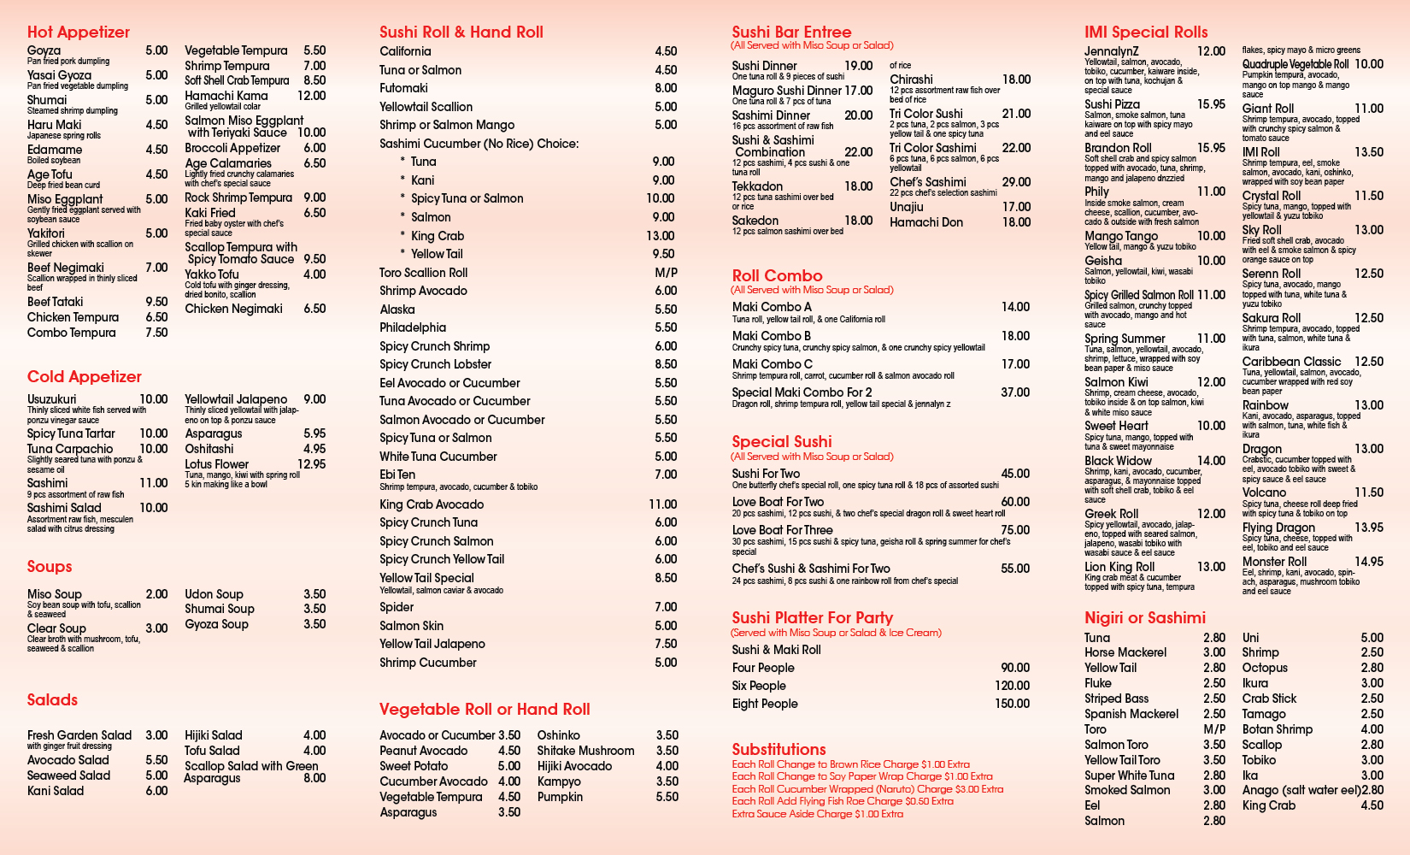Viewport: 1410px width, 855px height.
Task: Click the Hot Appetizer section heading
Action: tap(79, 32)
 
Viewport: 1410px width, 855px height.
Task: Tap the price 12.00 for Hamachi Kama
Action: tap(311, 96)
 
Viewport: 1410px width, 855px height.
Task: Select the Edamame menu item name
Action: tap(55, 150)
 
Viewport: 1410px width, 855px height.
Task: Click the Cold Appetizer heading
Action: tap(85, 377)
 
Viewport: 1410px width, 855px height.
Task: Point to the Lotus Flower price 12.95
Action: tap(311, 464)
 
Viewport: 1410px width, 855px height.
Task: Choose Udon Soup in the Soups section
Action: tap(214, 594)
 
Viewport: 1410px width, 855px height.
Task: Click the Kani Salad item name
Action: tap(56, 791)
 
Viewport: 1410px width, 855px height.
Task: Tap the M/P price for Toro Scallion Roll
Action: tap(666, 273)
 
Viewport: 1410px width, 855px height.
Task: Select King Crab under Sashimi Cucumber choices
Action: tap(437, 236)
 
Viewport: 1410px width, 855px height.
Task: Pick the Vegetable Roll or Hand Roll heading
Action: tap(485, 710)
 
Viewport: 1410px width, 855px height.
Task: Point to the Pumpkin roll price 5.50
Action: tap(667, 797)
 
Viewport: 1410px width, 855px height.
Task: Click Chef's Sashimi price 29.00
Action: tap(1016, 182)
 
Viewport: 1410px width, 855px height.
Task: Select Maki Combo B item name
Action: tap(772, 336)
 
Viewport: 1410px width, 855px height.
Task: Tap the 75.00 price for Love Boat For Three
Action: tap(1015, 530)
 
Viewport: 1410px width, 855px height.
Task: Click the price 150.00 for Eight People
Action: tap(1012, 704)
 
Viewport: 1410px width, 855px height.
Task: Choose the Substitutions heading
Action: tap(778, 749)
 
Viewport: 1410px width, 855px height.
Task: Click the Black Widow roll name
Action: tap(1118, 461)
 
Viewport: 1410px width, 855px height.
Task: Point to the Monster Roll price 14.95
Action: tap(1369, 562)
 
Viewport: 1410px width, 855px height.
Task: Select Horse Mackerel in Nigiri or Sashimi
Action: tap(1125, 652)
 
